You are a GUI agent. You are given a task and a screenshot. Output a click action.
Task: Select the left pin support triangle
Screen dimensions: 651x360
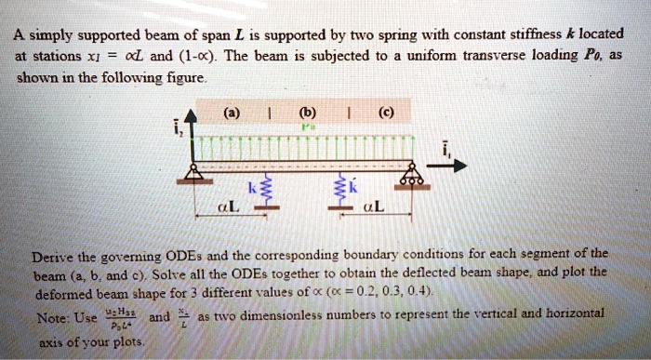point(195,173)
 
